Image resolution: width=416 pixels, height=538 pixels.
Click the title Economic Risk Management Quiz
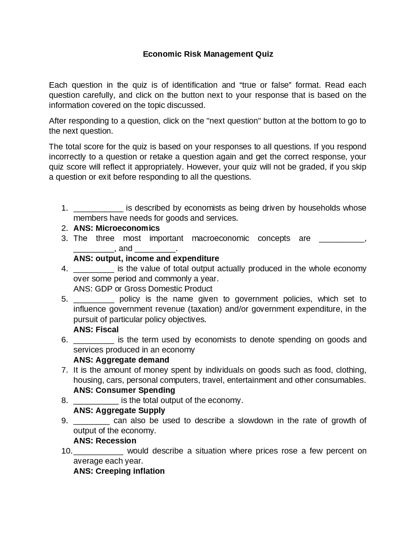208,54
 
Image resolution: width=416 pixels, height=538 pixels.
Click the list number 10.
66,451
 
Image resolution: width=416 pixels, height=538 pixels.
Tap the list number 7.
64,370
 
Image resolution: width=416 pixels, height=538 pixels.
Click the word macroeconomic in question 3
220,238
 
